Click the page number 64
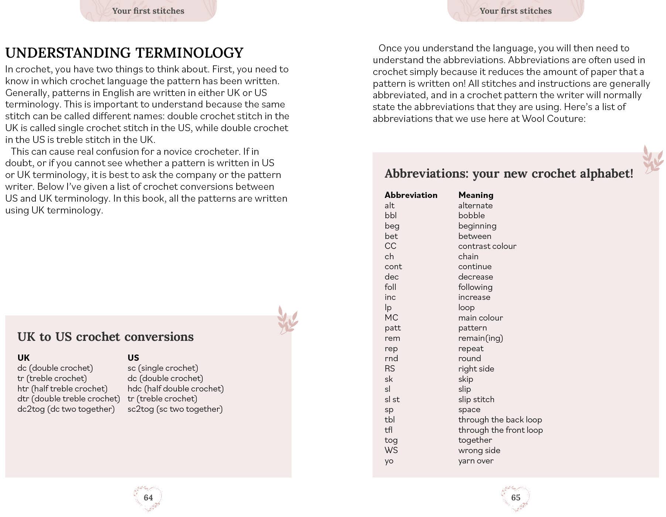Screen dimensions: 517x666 pyautogui.click(x=148, y=497)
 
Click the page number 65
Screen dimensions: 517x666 pyautogui.click(x=515, y=497)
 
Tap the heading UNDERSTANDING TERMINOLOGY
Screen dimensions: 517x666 pyautogui.click(x=124, y=53)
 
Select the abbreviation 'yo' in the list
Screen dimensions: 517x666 pyautogui.click(x=389, y=461)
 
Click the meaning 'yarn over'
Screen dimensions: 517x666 pyautogui.click(x=476, y=461)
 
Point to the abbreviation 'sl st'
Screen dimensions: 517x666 pyautogui.click(x=392, y=399)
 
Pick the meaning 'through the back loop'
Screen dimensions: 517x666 pyautogui.click(x=500, y=420)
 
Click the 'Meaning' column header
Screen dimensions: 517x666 pyautogui.click(x=476, y=195)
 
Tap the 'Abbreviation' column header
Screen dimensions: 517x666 pyautogui.click(x=411, y=195)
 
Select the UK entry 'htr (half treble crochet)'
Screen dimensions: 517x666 pyautogui.click(x=62, y=388)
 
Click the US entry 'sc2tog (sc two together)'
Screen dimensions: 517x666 pyautogui.click(x=175, y=409)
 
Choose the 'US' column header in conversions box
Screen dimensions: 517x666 pyautogui.click(x=133, y=357)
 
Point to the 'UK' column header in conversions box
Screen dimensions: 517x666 pyautogui.click(x=23, y=357)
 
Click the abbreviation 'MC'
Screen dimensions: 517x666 pyautogui.click(x=391, y=318)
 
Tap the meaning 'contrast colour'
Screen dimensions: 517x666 pyautogui.click(x=487, y=246)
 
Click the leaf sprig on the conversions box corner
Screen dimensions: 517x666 pyautogui.click(x=287, y=320)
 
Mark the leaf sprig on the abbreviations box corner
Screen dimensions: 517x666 pyautogui.click(x=652, y=159)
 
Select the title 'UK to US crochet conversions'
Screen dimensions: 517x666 pyautogui.click(x=105, y=337)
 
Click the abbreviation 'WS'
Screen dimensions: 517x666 pyautogui.click(x=391, y=450)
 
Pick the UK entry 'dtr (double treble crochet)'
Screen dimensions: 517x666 pyautogui.click(x=69, y=399)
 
